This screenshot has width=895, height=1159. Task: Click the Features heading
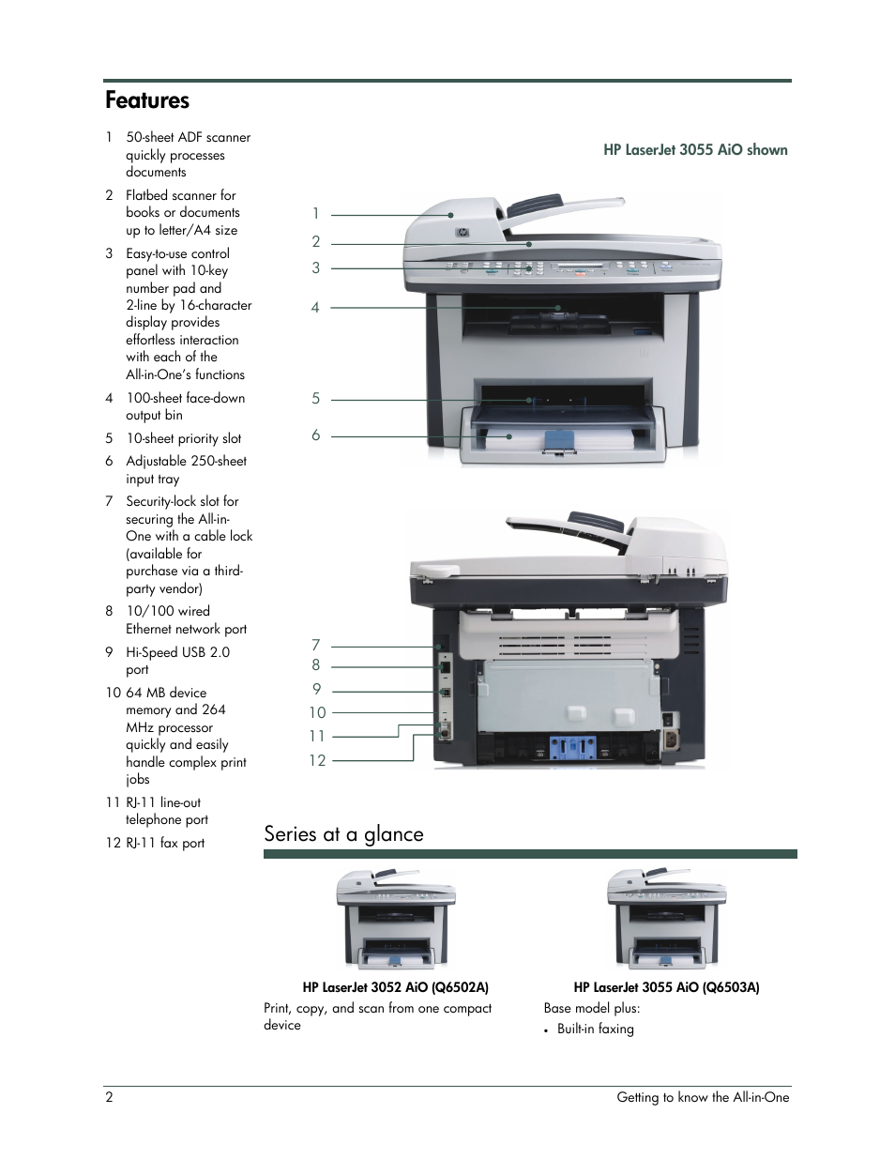click(147, 100)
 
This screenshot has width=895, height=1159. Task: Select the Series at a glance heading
click(343, 833)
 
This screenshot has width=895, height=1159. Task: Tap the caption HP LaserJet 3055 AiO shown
click(695, 149)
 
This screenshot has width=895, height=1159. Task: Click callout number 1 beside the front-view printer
click(316, 214)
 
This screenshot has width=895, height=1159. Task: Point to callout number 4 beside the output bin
click(316, 307)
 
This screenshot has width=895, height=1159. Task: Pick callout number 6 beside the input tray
click(316, 435)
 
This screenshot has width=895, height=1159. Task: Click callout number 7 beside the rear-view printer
click(316, 645)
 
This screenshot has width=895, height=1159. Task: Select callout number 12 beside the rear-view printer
click(317, 760)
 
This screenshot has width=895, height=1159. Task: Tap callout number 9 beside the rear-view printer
click(316, 689)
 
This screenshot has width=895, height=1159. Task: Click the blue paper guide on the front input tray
click(558, 441)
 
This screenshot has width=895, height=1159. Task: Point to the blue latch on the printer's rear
click(572, 747)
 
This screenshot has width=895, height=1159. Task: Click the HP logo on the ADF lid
click(462, 232)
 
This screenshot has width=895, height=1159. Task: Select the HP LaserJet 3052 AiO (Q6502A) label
click(395, 987)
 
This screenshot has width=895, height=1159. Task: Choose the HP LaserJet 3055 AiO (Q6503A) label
click(666, 987)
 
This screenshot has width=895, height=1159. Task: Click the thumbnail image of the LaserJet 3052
click(395, 919)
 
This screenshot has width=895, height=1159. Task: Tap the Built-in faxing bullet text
click(595, 1029)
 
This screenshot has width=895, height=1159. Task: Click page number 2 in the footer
click(109, 1097)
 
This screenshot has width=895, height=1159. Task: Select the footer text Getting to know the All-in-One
click(703, 1097)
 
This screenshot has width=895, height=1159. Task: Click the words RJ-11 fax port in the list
click(165, 843)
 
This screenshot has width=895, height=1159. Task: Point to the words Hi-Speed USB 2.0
click(177, 652)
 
